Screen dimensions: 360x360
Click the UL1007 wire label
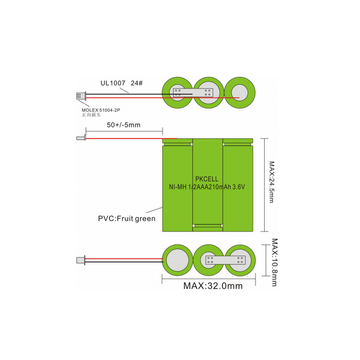(x=112, y=83)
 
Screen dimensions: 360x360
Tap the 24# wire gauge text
(x=137, y=83)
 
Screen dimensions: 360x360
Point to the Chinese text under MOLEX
(x=91, y=115)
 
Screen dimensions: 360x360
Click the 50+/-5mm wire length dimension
(x=124, y=125)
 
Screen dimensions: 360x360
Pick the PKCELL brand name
(x=207, y=179)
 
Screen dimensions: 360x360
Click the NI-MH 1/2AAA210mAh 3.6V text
(x=207, y=187)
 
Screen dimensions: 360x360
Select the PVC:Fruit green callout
(x=127, y=219)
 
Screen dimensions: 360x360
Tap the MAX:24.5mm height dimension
(x=271, y=182)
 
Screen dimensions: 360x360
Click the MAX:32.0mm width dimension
(x=213, y=286)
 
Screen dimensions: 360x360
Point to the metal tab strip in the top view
(x=193, y=92)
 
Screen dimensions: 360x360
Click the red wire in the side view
(x=127, y=138)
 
